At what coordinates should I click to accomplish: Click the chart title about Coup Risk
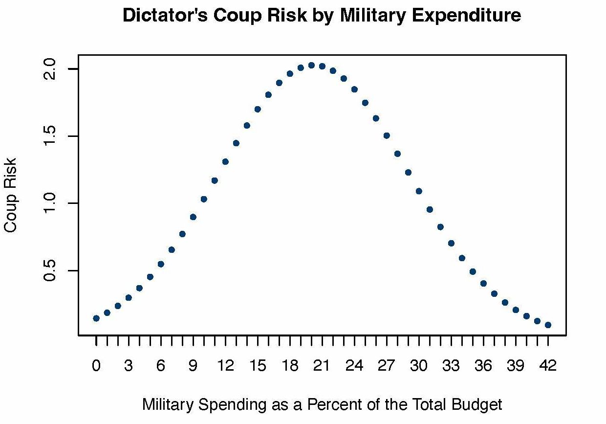tap(322, 16)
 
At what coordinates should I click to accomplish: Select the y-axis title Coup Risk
tap(11, 195)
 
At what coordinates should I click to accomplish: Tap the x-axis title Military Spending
tap(322, 404)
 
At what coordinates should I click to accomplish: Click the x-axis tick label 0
tap(96, 366)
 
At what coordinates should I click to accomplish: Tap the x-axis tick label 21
tap(322, 366)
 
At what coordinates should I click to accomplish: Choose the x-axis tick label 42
tap(548, 366)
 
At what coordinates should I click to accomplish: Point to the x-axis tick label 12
tap(225, 366)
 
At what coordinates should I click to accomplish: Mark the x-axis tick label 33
tap(451, 366)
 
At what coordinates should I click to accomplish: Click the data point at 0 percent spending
tap(96, 318)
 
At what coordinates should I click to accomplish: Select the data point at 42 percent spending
tap(548, 325)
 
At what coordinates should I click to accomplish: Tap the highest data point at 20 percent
tap(311, 65)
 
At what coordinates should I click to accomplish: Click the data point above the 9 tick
tap(193, 217)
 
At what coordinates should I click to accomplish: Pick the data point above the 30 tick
tap(419, 191)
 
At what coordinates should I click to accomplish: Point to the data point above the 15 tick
tap(258, 109)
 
